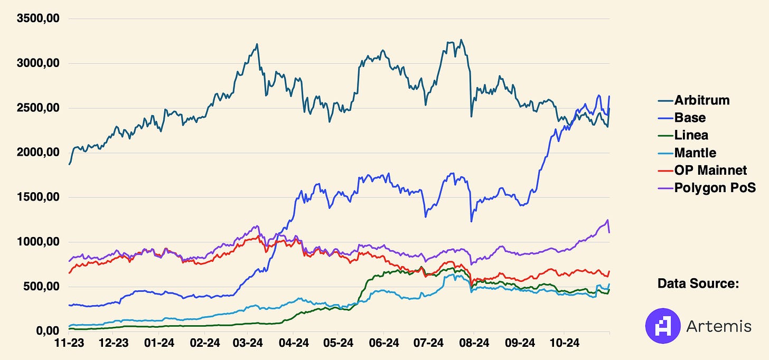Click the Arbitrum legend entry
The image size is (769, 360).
[x=701, y=100]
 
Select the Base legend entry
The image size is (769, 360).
[x=690, y=118]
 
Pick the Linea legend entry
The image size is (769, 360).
[x=691, y=135]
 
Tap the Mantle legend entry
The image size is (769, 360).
[x=695, y=153]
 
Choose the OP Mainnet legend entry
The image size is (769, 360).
[x=710, y=170]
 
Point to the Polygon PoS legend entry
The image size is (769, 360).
[x=715, y=187]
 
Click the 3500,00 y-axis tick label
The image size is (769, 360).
[x=39, y=19]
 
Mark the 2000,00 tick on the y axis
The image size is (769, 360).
[x=39, y=153]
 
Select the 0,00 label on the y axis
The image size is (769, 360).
[x=48, y=331]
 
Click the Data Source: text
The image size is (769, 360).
[x=697, y=283]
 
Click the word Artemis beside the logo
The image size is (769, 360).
[x=718, y=327]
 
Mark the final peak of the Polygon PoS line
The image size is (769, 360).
[x=607, y=220]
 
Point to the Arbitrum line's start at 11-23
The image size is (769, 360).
[x=69, y=164]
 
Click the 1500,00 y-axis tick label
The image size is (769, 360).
[x=39, y=197]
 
